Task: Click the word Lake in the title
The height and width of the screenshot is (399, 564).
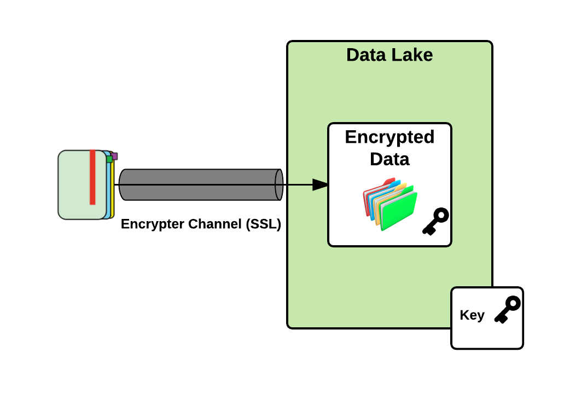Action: click(411, 55)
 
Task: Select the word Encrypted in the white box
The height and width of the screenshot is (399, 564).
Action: click(389, 137)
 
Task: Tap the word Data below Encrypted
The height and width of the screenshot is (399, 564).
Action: click(389, 159)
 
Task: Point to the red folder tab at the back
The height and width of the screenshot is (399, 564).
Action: click(389, 181)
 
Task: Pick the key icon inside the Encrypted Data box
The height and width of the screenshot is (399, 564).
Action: click(435, 222)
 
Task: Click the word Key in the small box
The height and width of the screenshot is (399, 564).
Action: click(472, 315)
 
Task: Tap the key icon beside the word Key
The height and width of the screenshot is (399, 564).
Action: click(507, 310)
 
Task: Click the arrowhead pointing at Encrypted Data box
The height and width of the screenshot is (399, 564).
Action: click(320, 185)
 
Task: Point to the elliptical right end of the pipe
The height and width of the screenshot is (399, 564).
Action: click(279, 185)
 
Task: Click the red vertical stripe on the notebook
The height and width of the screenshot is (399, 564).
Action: click(92, 177)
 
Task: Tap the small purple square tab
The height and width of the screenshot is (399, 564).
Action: click(114, 156)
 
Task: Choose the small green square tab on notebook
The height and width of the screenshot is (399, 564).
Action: click(109, 159)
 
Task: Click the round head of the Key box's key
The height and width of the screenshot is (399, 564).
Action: click(513, 303)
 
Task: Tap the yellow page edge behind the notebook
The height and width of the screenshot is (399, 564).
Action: click(112, 192)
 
